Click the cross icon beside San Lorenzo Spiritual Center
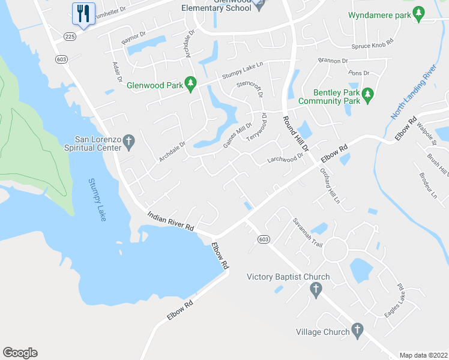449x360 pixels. (128, 143)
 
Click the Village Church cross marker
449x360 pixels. (357, 330)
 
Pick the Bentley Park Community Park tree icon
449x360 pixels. (369, 95)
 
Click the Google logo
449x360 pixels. (20, 353)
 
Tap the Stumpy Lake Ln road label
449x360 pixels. (243, 70)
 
